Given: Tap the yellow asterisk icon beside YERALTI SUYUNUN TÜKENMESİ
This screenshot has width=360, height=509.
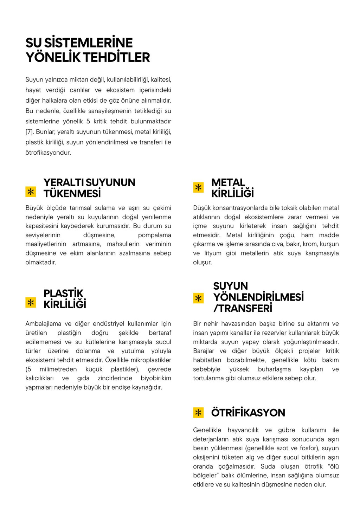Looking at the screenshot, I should pyautogui.click(x=31, y=192).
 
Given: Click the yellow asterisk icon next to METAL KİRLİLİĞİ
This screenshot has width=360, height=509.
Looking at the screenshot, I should pyautogui.click(x=198, y=187).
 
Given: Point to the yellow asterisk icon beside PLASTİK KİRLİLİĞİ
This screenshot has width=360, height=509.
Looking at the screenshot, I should pyautogui.click(x=31, y=302).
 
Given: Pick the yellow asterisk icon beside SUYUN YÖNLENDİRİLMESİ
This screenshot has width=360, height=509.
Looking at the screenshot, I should pyautogui.click(x=198, y=298).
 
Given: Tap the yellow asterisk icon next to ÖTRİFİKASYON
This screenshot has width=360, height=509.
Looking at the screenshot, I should pyautogui.click(x=198, y=412).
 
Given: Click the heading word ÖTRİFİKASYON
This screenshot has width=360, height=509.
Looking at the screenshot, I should pyautogui.click(x=248, y=413).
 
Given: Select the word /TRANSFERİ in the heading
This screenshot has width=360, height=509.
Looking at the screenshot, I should pyautogui.click(x=243, y=308).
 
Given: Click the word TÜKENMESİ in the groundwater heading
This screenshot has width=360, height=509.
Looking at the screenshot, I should pyautogui.click(x=72, y=193).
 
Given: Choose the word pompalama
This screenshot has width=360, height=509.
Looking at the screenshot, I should pyautogui.click(x=154, y=235).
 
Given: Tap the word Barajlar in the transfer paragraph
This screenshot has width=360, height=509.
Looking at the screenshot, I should pyautogui.click(x=204, y=351).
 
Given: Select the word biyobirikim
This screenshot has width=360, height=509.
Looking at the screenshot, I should pyautogui.click(x=156, y=378).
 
